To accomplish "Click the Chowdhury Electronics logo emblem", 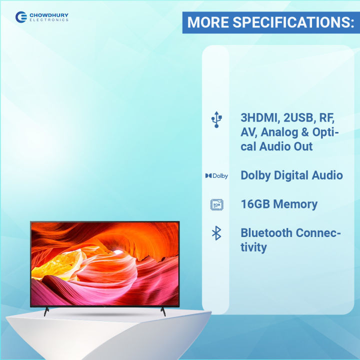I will point(21,17).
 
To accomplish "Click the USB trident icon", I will point(216,120).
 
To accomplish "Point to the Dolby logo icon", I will point(216,176).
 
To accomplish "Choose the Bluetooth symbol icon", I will point(216,233).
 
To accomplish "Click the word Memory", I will point(297,204).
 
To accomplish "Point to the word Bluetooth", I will point(266,233).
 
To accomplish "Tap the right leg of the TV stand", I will point(162,311).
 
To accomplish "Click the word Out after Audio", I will point(302,146).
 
